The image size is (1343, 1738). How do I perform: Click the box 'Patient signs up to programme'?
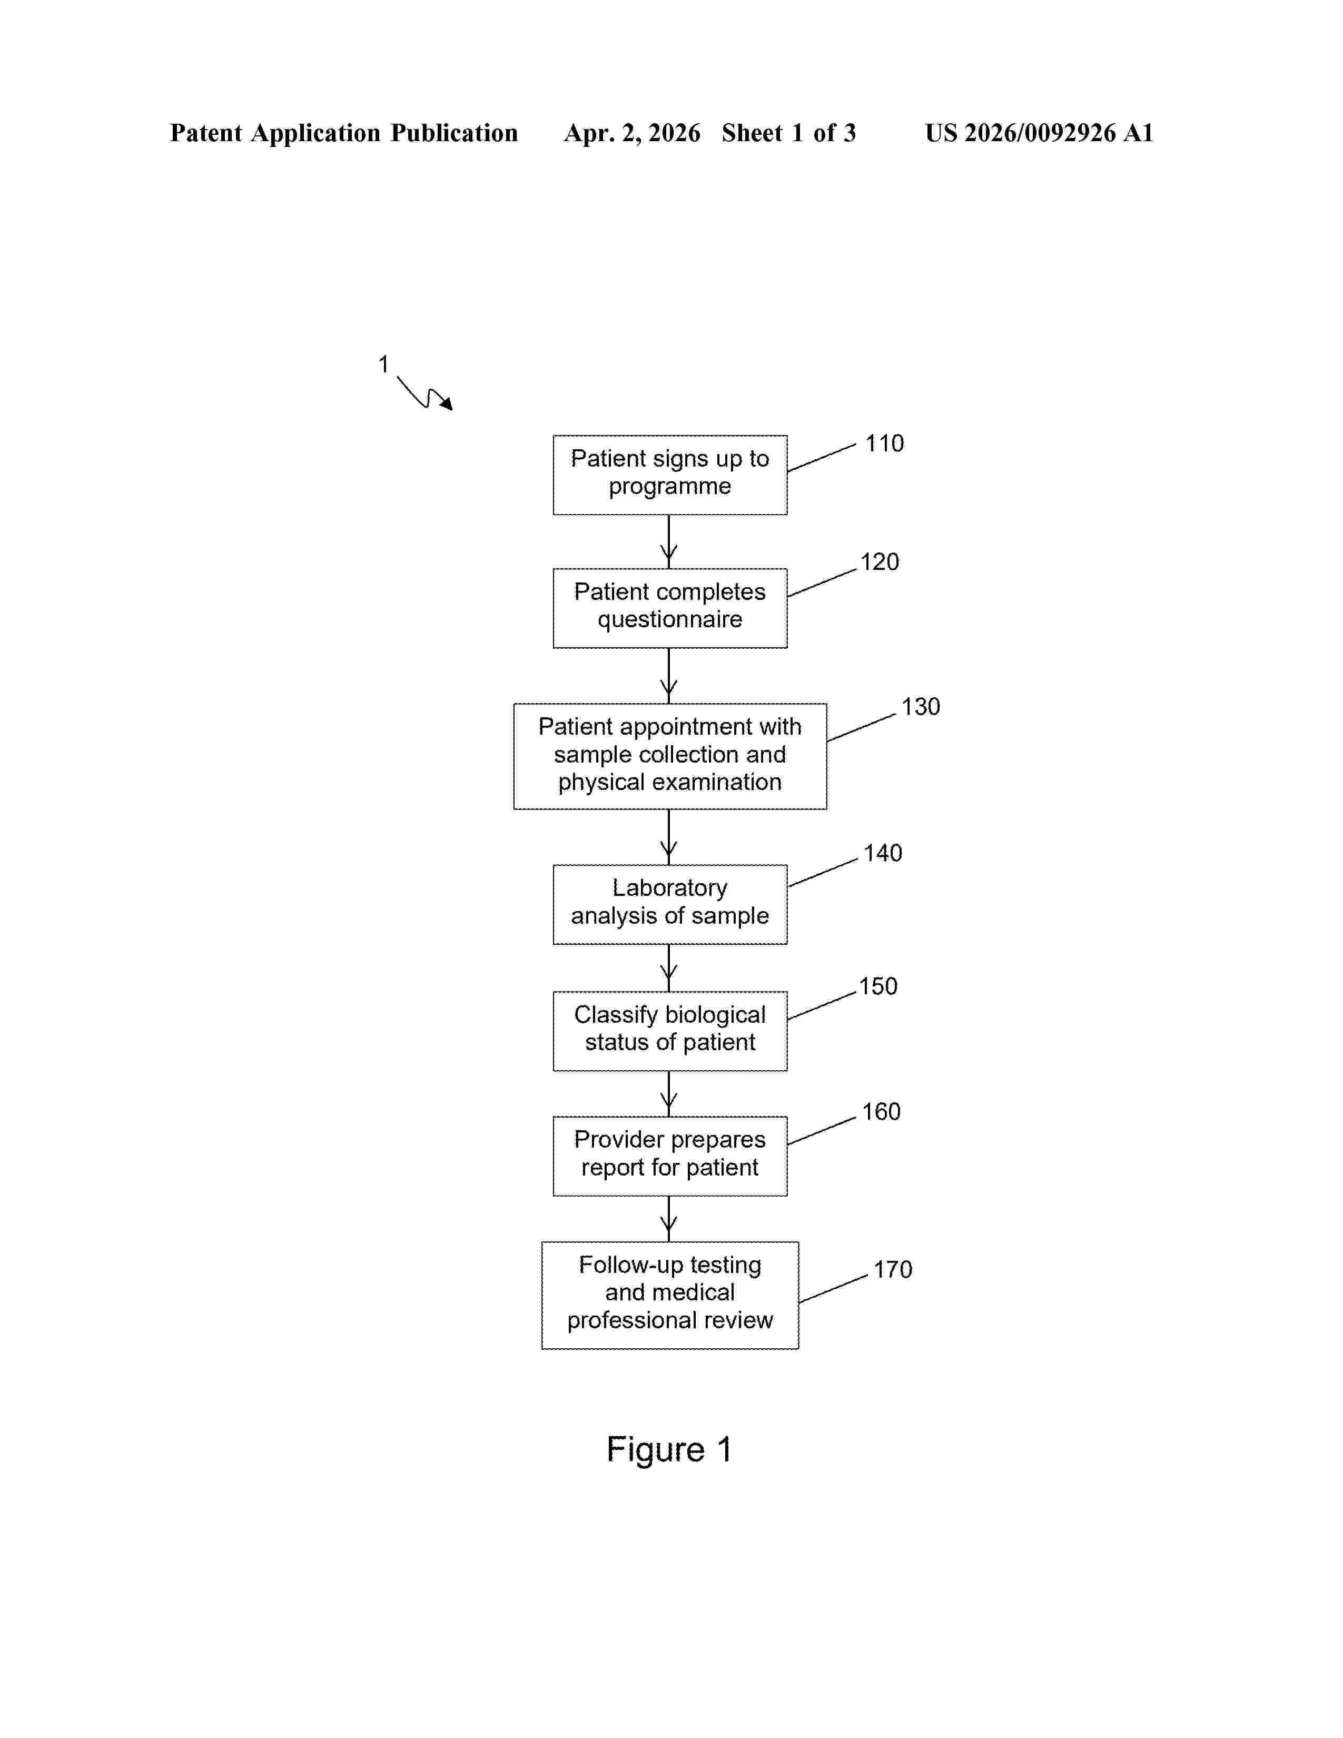click(670, 475)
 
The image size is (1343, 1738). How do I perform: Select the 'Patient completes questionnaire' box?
click(670, 608)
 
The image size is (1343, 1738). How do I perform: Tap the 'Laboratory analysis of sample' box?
click(670, 904)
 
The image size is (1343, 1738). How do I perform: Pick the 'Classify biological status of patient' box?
click(670, 1031)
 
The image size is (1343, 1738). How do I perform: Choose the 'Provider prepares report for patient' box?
click(670, 1156)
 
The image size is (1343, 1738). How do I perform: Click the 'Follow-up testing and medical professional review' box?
click(670, 1295)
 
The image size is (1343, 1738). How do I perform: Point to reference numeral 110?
click(884, 443)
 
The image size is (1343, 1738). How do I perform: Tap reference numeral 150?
click(878, 986)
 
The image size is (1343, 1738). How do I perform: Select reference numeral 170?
click(893, 1269)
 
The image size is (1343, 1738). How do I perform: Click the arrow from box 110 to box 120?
click(669, 541)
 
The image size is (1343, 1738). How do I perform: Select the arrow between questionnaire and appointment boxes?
click(669, 676)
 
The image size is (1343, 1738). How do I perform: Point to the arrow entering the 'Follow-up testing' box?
click(669, 1218)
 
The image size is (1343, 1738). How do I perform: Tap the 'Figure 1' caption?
click(669, 1449)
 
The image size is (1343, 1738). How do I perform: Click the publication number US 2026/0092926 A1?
click(1039, 133)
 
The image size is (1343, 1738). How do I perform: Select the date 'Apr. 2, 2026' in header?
click(633, 133)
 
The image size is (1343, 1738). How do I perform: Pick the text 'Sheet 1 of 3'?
click(788, 133)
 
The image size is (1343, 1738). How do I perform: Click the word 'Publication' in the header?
click(455, 133)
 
